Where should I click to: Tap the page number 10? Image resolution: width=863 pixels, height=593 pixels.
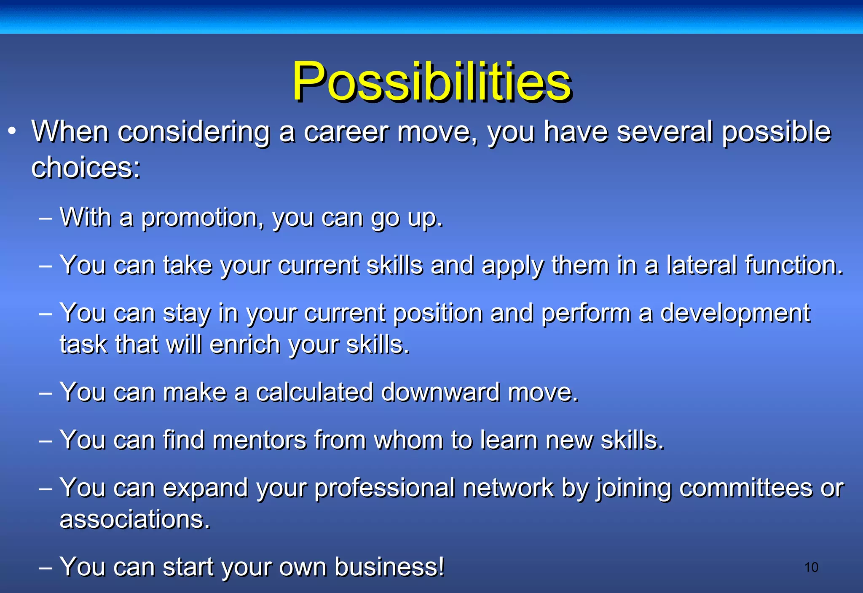(811, 567)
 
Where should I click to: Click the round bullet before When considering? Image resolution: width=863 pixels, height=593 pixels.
(12, 131)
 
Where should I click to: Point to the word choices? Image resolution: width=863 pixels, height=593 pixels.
(86, 168)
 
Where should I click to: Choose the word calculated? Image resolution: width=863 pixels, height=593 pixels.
(315, 393)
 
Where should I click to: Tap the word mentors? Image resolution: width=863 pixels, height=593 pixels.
(259, 441)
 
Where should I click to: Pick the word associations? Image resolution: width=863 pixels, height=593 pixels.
(134, 519)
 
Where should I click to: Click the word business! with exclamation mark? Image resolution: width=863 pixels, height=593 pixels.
(389, 567)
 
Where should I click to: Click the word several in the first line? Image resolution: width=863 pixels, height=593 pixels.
(665, 132)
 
